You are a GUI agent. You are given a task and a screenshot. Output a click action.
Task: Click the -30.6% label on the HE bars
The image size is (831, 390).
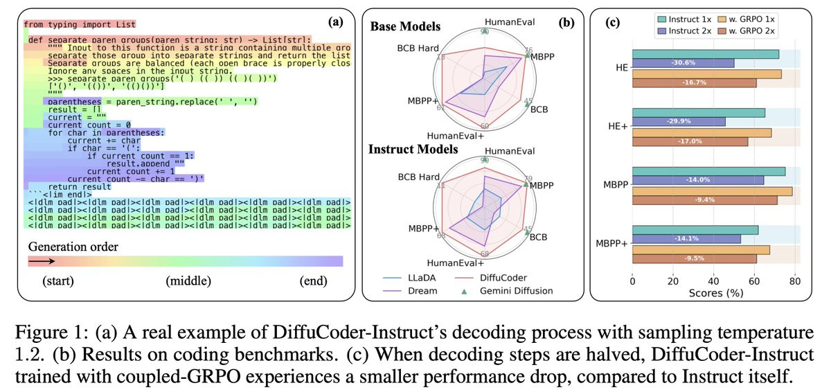(683, 64)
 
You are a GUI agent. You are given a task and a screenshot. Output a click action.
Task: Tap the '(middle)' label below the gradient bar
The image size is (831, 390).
(188, 281)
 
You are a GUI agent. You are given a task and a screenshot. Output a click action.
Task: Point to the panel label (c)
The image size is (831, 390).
(611, 22)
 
